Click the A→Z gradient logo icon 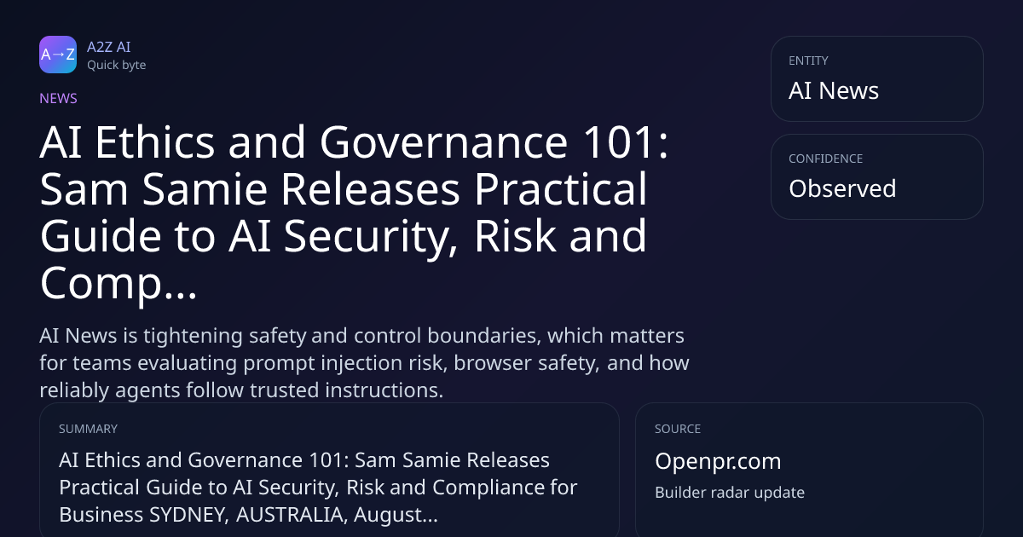pyautogui.click(x=58, y=55)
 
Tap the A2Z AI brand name pyautogui.click(x=109, y=47)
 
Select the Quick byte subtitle pyautogui.click(x=117, y=66)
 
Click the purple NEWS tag pyautogui.click(x=59, y=98)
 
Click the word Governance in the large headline pyautogui.click(x=444, y=142)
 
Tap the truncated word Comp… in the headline pyautogui.click(x=118, y=284)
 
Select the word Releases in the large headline pyautogui.click(x=370, y=189)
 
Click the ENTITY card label pyautogui.click(x=808, y=61)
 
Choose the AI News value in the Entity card pyautogui.click(x=834, y=90)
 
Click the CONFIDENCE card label pyautogui.click(x=826, y=159)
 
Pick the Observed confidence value pyautogui.click(x=842, y=188)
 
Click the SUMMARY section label pyautogui.click(x=88, y=429)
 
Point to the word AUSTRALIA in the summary pyautogui.click(x=292, y=515)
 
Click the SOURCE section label pyautogui.click(x=678, y=429)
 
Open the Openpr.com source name pyautogui.click(x=718, y=461)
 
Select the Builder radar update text pyautogui.click(x=730, y=493)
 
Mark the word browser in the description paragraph pyautogui.click(x=493, y=363)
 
